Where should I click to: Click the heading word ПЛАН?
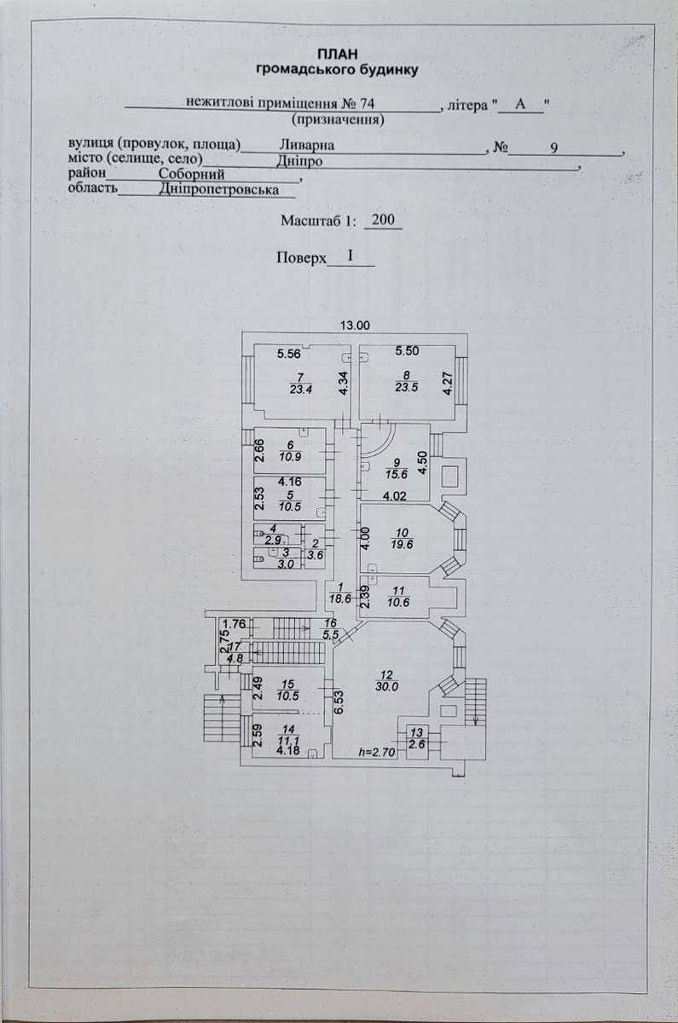[338, 55]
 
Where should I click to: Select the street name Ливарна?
[306, 145]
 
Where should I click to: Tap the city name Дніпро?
[298, 161]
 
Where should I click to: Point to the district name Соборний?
[191, 174]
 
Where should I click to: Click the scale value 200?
[383, 220]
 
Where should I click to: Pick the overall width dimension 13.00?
[355, 326]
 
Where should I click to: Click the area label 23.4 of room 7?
[300, 389]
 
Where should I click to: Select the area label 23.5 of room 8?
[406, 388]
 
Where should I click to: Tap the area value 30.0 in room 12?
[386, 686]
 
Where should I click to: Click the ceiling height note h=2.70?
[377, 753]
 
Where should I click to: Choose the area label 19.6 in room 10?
[402, 544]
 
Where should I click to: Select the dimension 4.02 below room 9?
[395, 496]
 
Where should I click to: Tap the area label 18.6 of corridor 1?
[340, 598]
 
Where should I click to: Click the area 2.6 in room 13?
[417, 743]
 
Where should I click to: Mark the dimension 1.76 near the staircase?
[235, 623]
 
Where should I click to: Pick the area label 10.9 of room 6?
[290, 456]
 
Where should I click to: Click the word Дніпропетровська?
[219, 189]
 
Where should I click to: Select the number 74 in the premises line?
[367, 104]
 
